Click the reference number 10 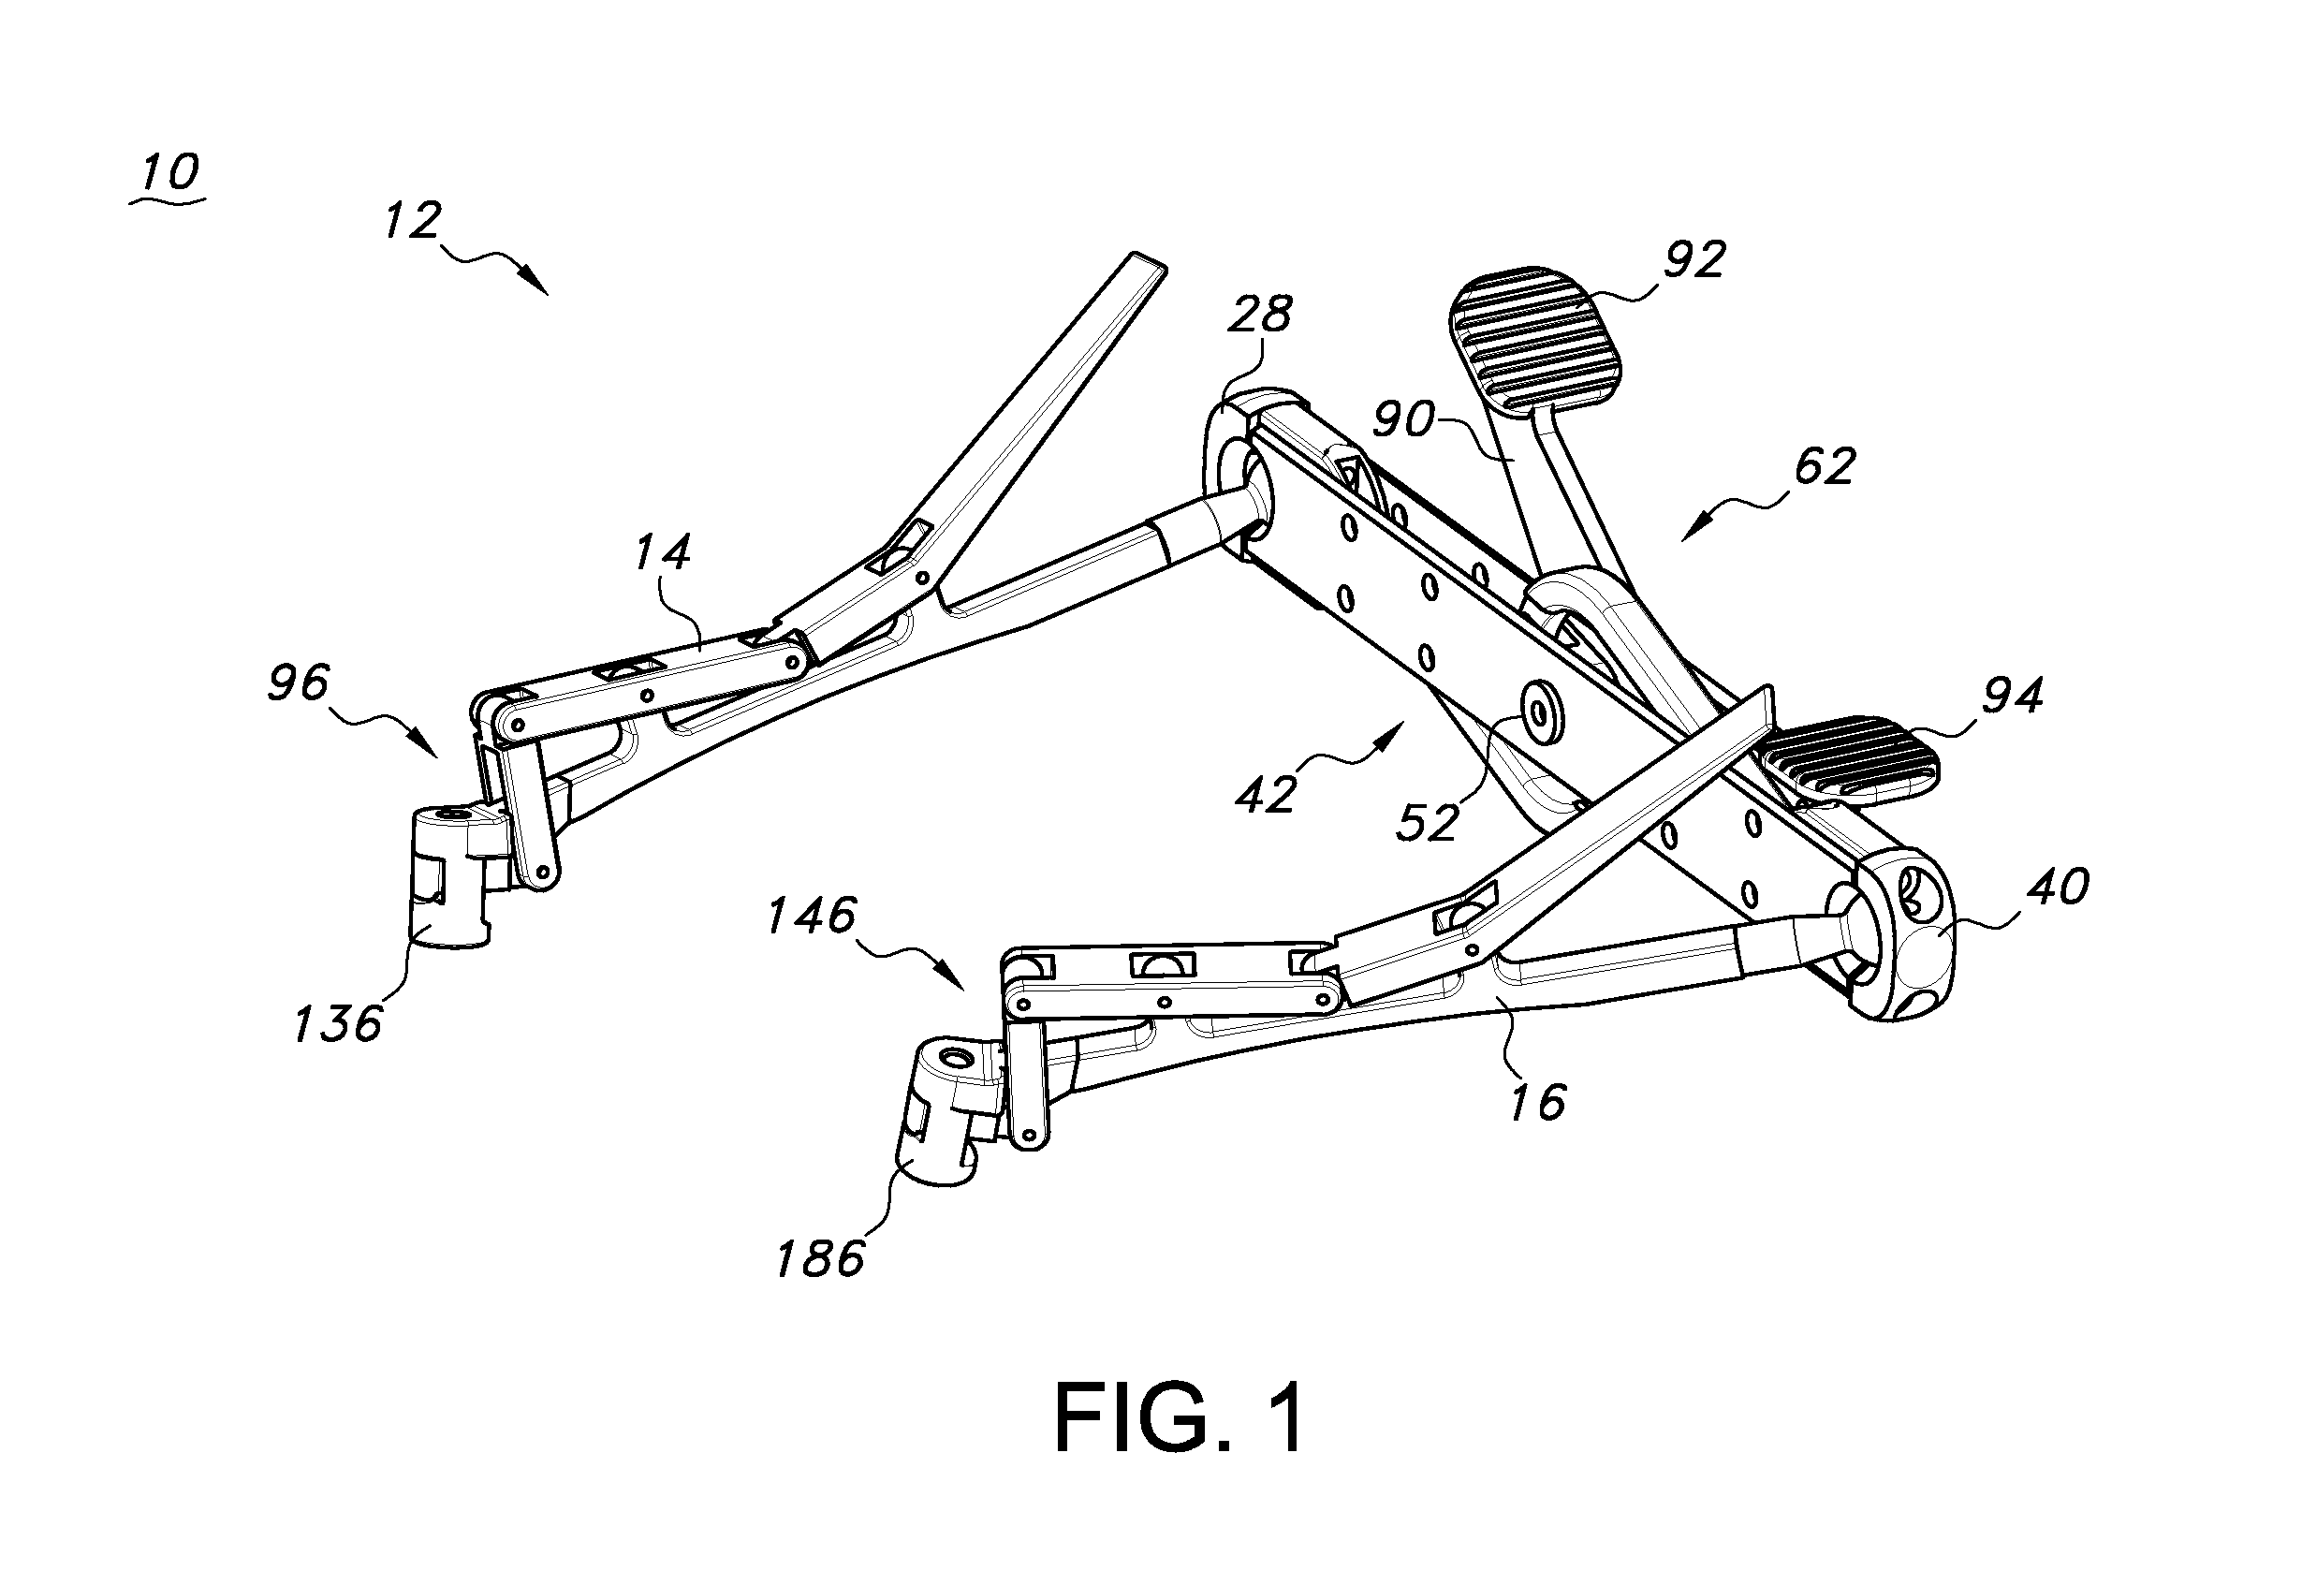tap(170, 172)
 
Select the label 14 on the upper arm tap(663, 552)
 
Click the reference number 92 tap(1694, 259)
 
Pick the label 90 tap(1403, 421)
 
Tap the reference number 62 tap(1825, 467)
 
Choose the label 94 tap(2012, 697)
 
